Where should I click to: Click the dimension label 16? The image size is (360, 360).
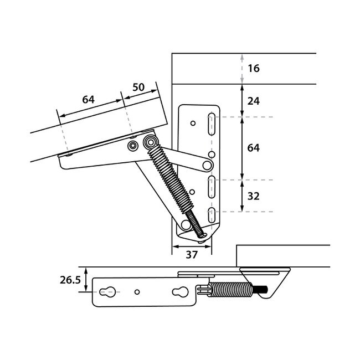(x=254, y=69)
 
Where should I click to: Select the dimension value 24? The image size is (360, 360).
(x=254, y=101)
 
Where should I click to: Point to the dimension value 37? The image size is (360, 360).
(x=191, y=255)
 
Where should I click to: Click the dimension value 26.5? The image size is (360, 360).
(x=70, y=281)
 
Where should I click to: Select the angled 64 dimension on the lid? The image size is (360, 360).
(x=88, y=100)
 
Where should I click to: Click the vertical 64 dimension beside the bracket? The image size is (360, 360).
(x=254, y=148)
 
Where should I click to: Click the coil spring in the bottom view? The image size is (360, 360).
(x=230, y=290)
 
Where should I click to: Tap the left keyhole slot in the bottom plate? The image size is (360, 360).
(x=109, y=291)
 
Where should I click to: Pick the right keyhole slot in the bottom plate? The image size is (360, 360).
(x=181, y=291)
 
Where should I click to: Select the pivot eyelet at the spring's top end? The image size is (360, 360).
(x=150, y=143)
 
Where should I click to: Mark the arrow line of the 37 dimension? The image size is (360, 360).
(x=191, y=247)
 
